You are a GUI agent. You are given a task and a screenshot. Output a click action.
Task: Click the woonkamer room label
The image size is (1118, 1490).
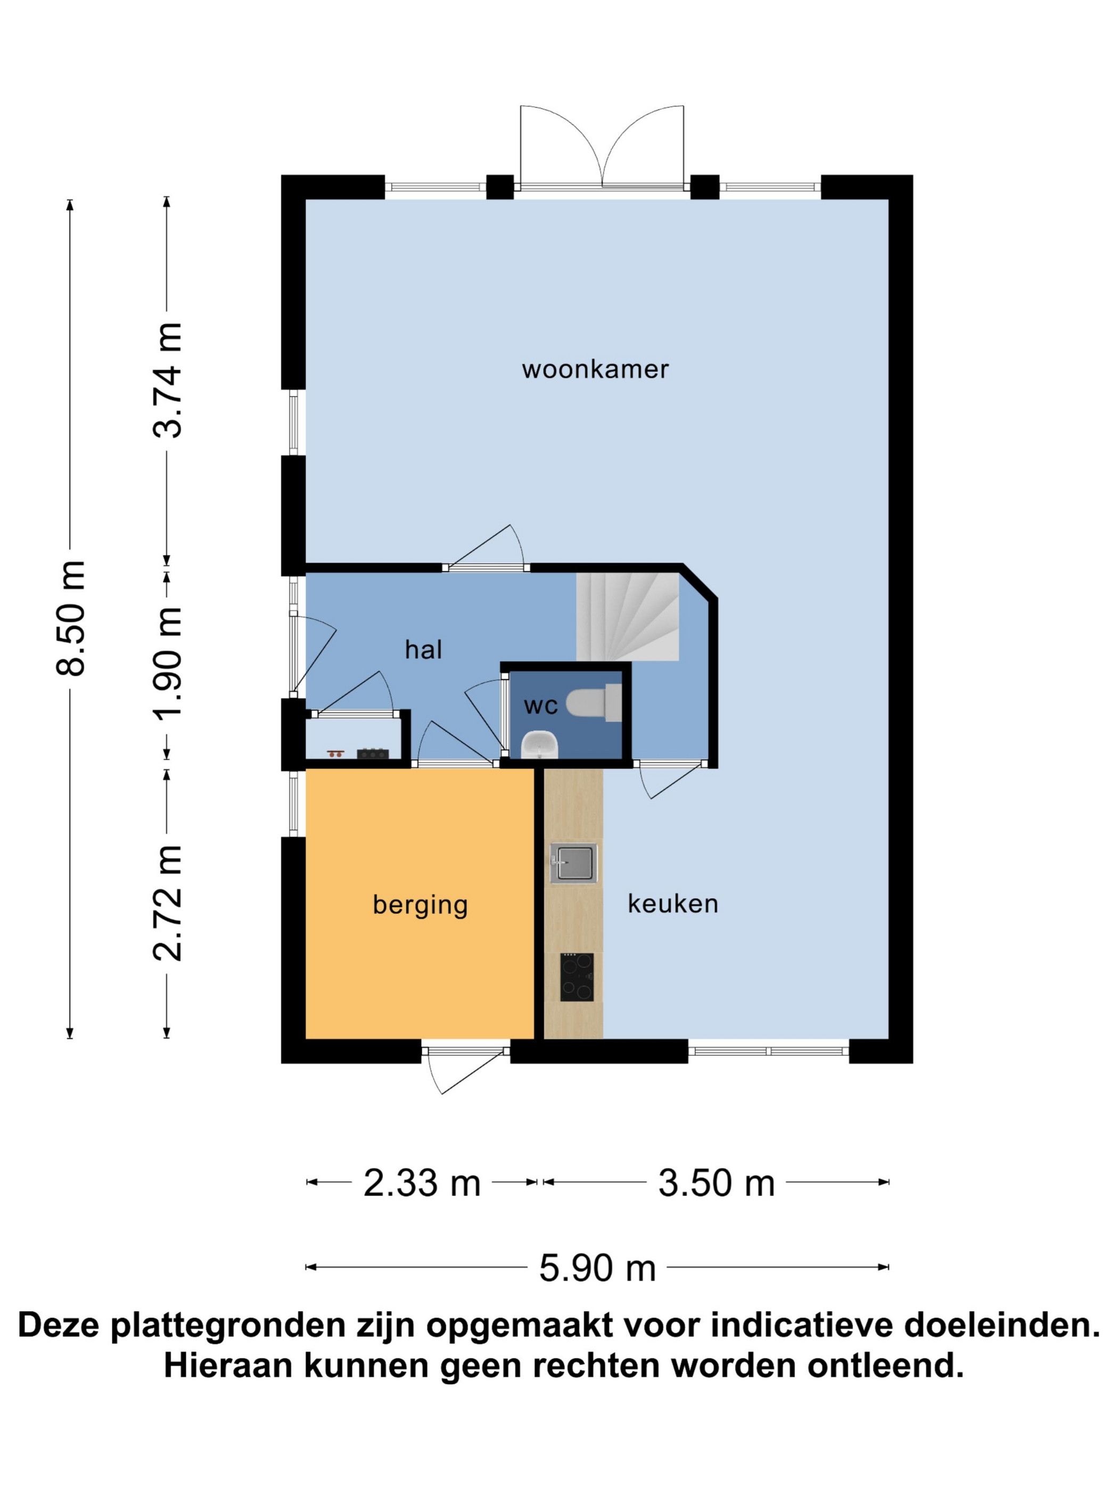point(595,369)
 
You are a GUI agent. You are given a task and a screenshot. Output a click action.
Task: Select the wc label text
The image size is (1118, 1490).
point(540,706)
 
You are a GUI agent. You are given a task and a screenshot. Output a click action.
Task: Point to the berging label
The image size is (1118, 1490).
point(420,905)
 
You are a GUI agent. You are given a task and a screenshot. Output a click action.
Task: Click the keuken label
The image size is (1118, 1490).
point(672,903)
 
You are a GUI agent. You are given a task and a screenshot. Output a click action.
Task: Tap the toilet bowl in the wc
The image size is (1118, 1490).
point(593,702)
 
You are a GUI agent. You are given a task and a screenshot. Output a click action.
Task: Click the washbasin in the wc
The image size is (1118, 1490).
point(540,745)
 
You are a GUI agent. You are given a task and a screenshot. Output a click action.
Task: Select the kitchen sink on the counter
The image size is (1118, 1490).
point(573,864)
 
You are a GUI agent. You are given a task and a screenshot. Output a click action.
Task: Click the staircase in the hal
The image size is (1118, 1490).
point(627,616)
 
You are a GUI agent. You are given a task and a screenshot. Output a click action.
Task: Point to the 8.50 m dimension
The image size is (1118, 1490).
point(70,619)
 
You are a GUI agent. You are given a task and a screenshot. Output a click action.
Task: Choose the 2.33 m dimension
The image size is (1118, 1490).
point(422,1183)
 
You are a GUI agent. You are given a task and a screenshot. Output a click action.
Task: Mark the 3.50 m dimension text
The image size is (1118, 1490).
point(717,1183)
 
